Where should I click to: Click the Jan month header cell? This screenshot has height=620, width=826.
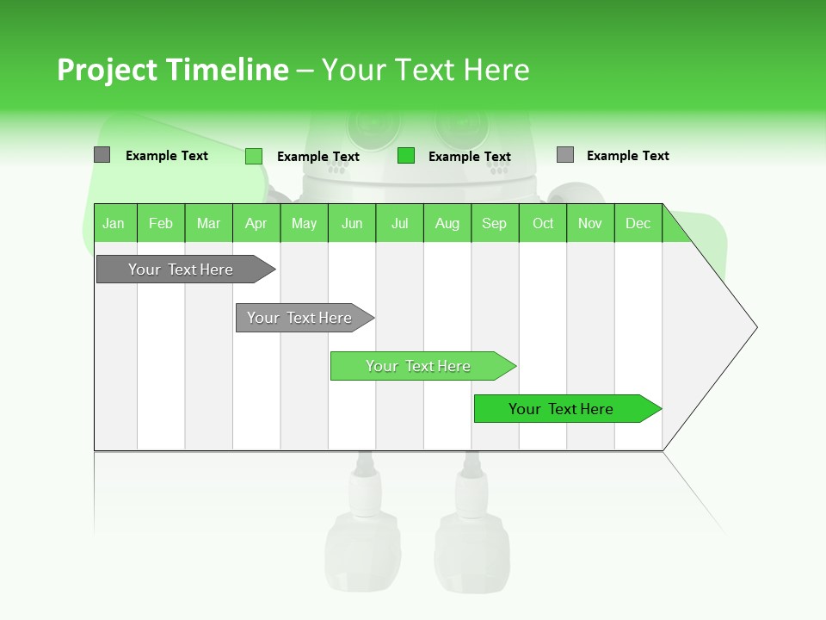(114, 223)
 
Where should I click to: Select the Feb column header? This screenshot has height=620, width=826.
(161, 223)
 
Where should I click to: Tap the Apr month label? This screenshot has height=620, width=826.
(256, 223)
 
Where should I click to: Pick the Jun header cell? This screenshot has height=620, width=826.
(352, 223)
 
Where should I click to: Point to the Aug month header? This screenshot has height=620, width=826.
(447, 223)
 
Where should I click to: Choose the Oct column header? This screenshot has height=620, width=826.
(543, 223)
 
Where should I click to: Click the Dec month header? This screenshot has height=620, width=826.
(638, 223)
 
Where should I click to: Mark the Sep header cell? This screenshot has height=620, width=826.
(494, 223)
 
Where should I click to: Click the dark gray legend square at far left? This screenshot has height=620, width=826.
(102, 155)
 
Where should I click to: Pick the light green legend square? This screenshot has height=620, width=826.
(253, 156)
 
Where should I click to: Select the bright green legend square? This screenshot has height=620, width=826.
(406, 156)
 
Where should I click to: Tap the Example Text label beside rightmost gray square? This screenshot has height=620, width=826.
(627, 156)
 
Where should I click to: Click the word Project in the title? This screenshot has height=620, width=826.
(107, 70)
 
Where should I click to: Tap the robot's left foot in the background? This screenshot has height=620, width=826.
(362, 551)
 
